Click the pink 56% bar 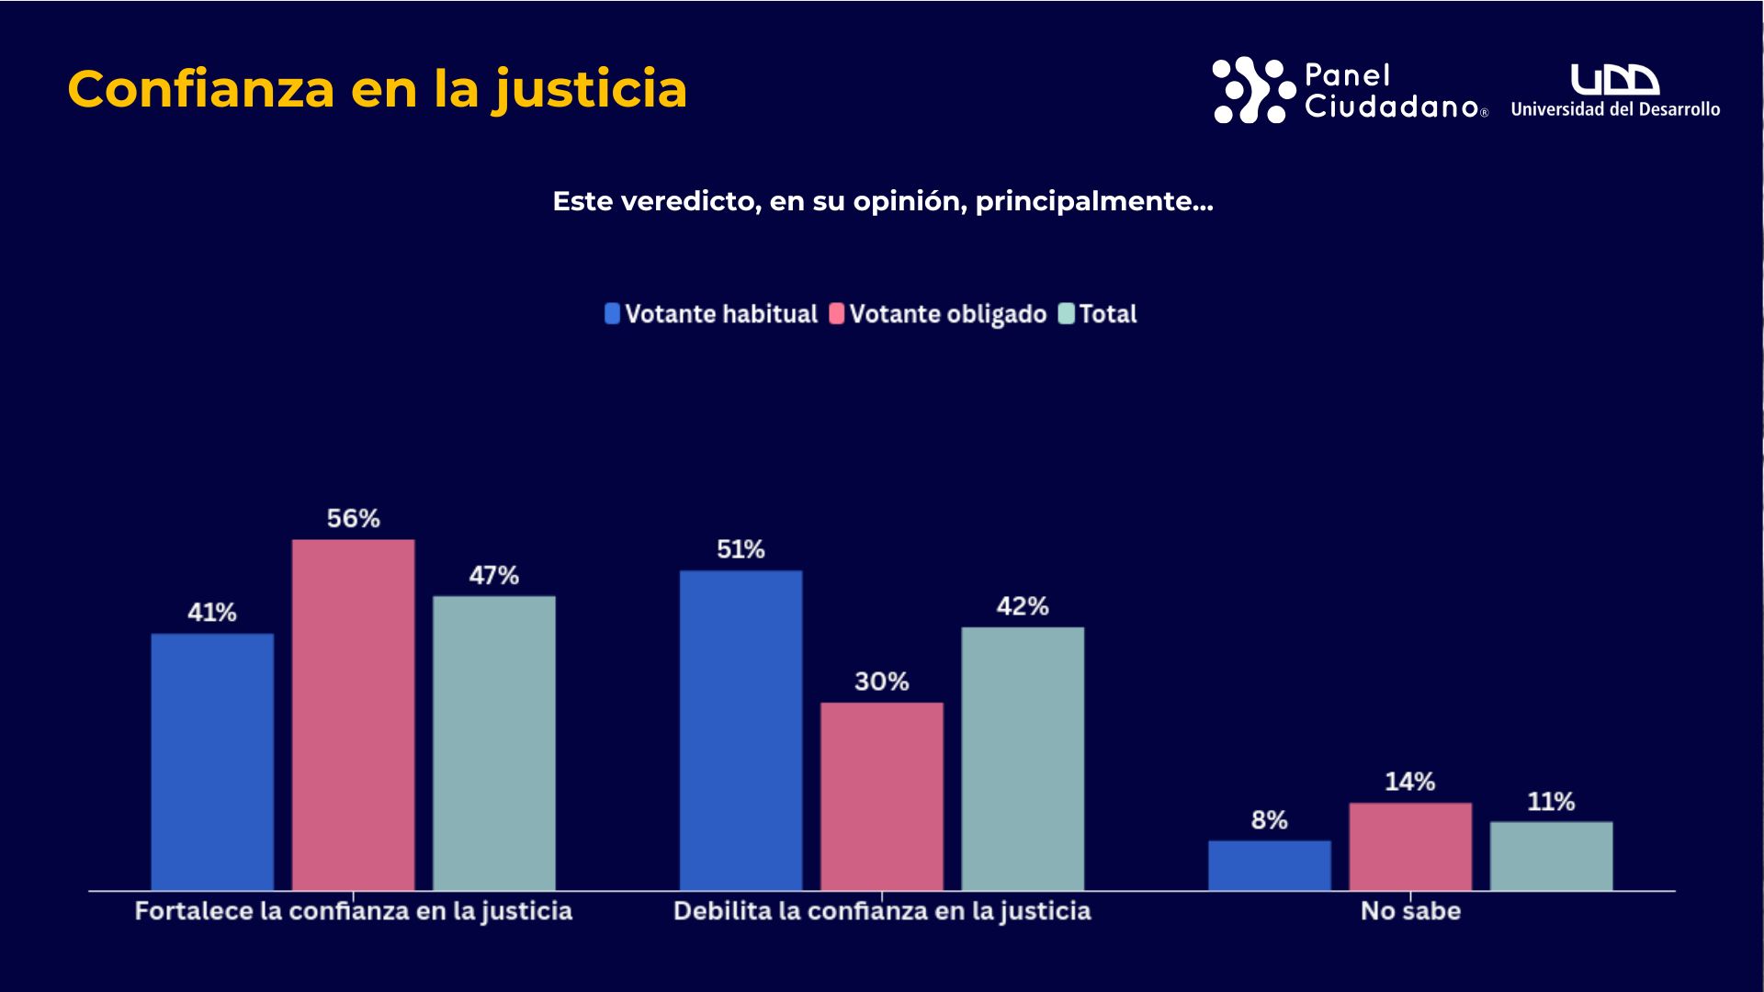click(353, 715)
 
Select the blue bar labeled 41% click(212, 761)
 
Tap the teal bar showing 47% click(494, 743)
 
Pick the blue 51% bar click(741, 730)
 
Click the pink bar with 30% click(882, 796)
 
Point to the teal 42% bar click(1023, 759)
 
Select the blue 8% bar click(1269, 865)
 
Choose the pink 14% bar click(1410, 847)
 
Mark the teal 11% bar click(1551, 856)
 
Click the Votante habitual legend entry click(711, 314)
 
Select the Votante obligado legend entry click(938, 314)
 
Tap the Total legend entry click(1098, 314)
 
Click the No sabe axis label click(1410, 911)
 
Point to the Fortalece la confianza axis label click(353, 911)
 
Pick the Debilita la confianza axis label click(882, 911)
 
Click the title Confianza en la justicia click(377, 89)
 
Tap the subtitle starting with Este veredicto click(882, 201)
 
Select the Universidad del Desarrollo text click(1615, 109)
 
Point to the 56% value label click(353, 519)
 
